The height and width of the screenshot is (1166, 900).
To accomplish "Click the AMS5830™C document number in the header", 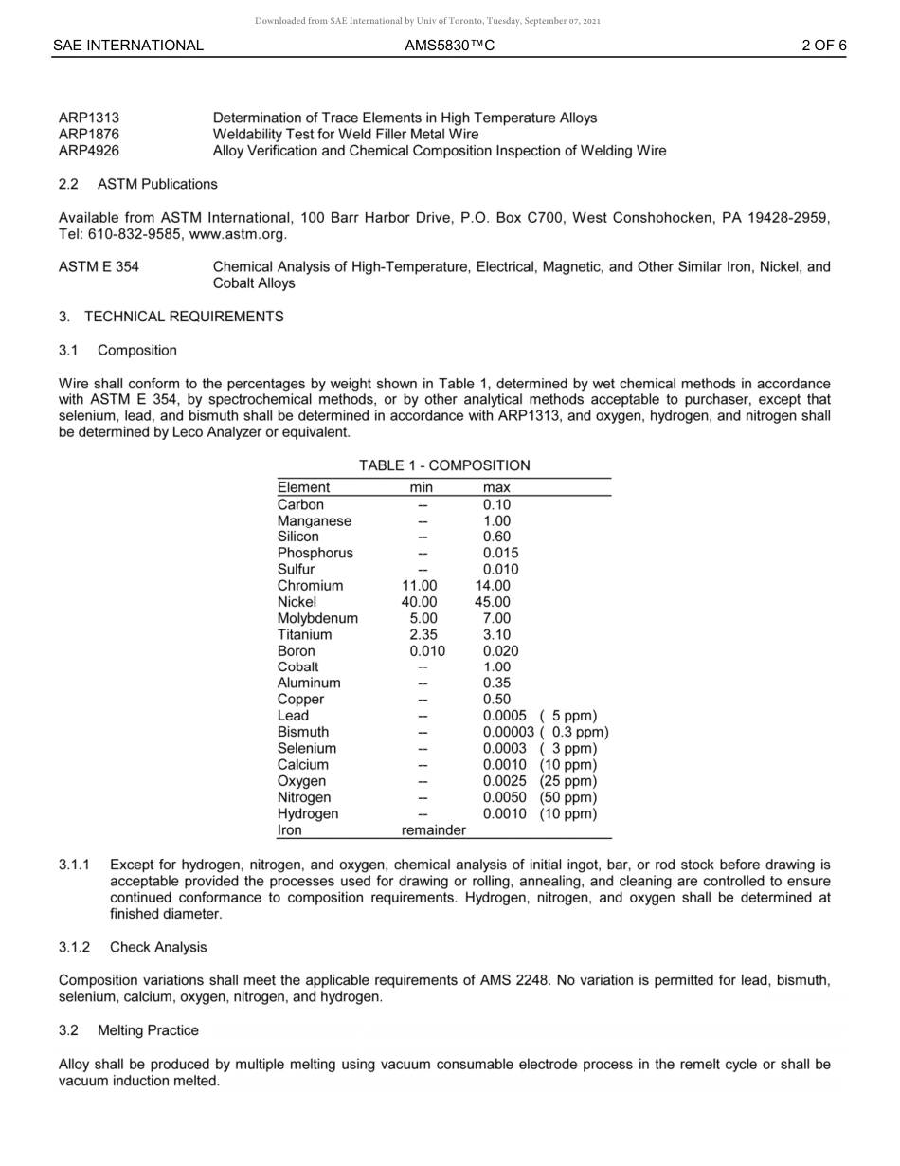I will [x=449, y=45].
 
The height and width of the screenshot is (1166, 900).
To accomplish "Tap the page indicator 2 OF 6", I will [x=823, y=45].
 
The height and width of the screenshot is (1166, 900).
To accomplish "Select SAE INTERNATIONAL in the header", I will [x=128, y=45].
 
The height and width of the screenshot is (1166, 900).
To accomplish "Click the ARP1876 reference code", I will [x=89, y=134].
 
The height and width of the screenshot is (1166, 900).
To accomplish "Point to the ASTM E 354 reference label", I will [x=99, y=267].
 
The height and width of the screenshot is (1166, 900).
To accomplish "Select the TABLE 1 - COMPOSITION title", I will [x=444, y=465].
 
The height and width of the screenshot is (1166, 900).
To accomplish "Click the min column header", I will [x=421, y=487].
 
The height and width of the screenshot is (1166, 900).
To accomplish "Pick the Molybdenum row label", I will [x=317, y=618].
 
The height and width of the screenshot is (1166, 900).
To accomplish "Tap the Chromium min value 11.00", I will [x=420, y=586].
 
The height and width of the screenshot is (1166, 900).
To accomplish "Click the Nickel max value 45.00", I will [x=493, y=602].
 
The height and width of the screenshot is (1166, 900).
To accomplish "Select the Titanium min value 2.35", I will [x=423, y=634].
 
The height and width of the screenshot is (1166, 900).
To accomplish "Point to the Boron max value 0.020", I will [x=500, y=651].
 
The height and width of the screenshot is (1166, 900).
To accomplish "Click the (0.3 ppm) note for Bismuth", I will [x=574, y=732].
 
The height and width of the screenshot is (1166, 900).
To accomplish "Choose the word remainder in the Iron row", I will [x=434, y=830].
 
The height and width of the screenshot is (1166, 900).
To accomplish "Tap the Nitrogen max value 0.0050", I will [x=504, y=797].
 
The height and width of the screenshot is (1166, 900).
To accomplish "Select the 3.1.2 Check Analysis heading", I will [x=133, y=947].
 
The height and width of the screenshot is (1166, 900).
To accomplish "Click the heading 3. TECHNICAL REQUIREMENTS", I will [x=171, y=317].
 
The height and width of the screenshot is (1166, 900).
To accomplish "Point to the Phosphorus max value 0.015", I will [x=500, y=553].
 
